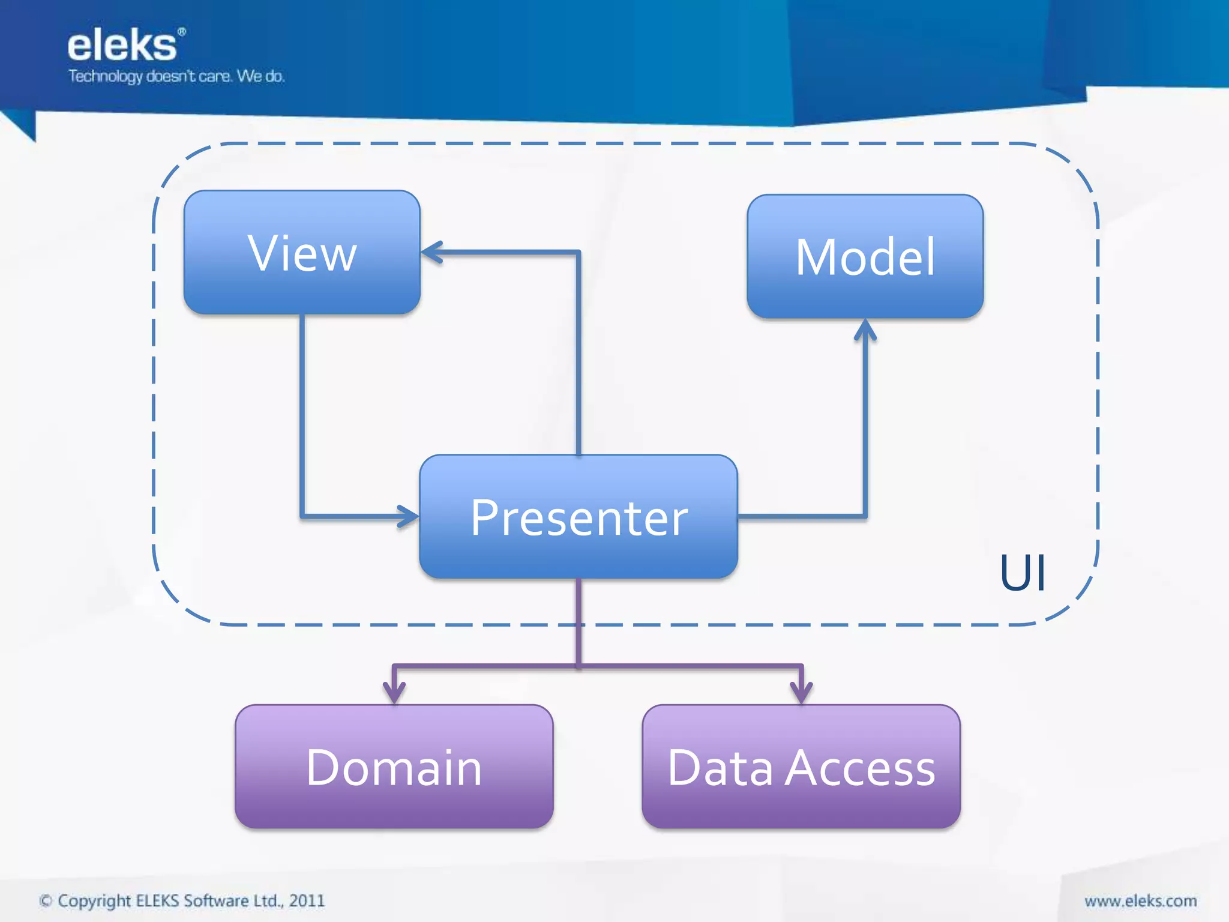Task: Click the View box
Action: pyautogui.click(x=302, y=253)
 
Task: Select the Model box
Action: pyautogui.click(x=865, y=256)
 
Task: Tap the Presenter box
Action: pyautogui.click(x=578, y=517)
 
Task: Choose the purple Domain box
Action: pyautogui.click(x=394, y=767)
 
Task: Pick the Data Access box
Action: pyautogui.click(x=801, y=767)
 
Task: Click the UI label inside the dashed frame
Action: pyautogui.click(x=1023, y=573)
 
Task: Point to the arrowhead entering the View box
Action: pyautogui.click(x=431, y=252)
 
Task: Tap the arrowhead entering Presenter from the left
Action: pyautogui.click(x=409, y=516)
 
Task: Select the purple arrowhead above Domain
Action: pyautogui.click(x=394, y=693)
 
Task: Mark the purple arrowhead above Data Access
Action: pyautogui.click(x=801, y=693)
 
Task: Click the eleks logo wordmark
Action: pyautogui.click(x=122, y=46)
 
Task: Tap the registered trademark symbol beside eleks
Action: pyautogui.click(x=182, y=31)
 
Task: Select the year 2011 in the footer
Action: pyautogui.click(x=307, y=900)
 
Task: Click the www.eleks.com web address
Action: pyautogui.click(x=1140, y=900)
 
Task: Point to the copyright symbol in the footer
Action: pyautogui.click(x=46, y=901)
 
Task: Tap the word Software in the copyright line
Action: pyautogui.click(x=216, y=900)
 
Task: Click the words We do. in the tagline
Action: pyautogui.click(x=260, y=77)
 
